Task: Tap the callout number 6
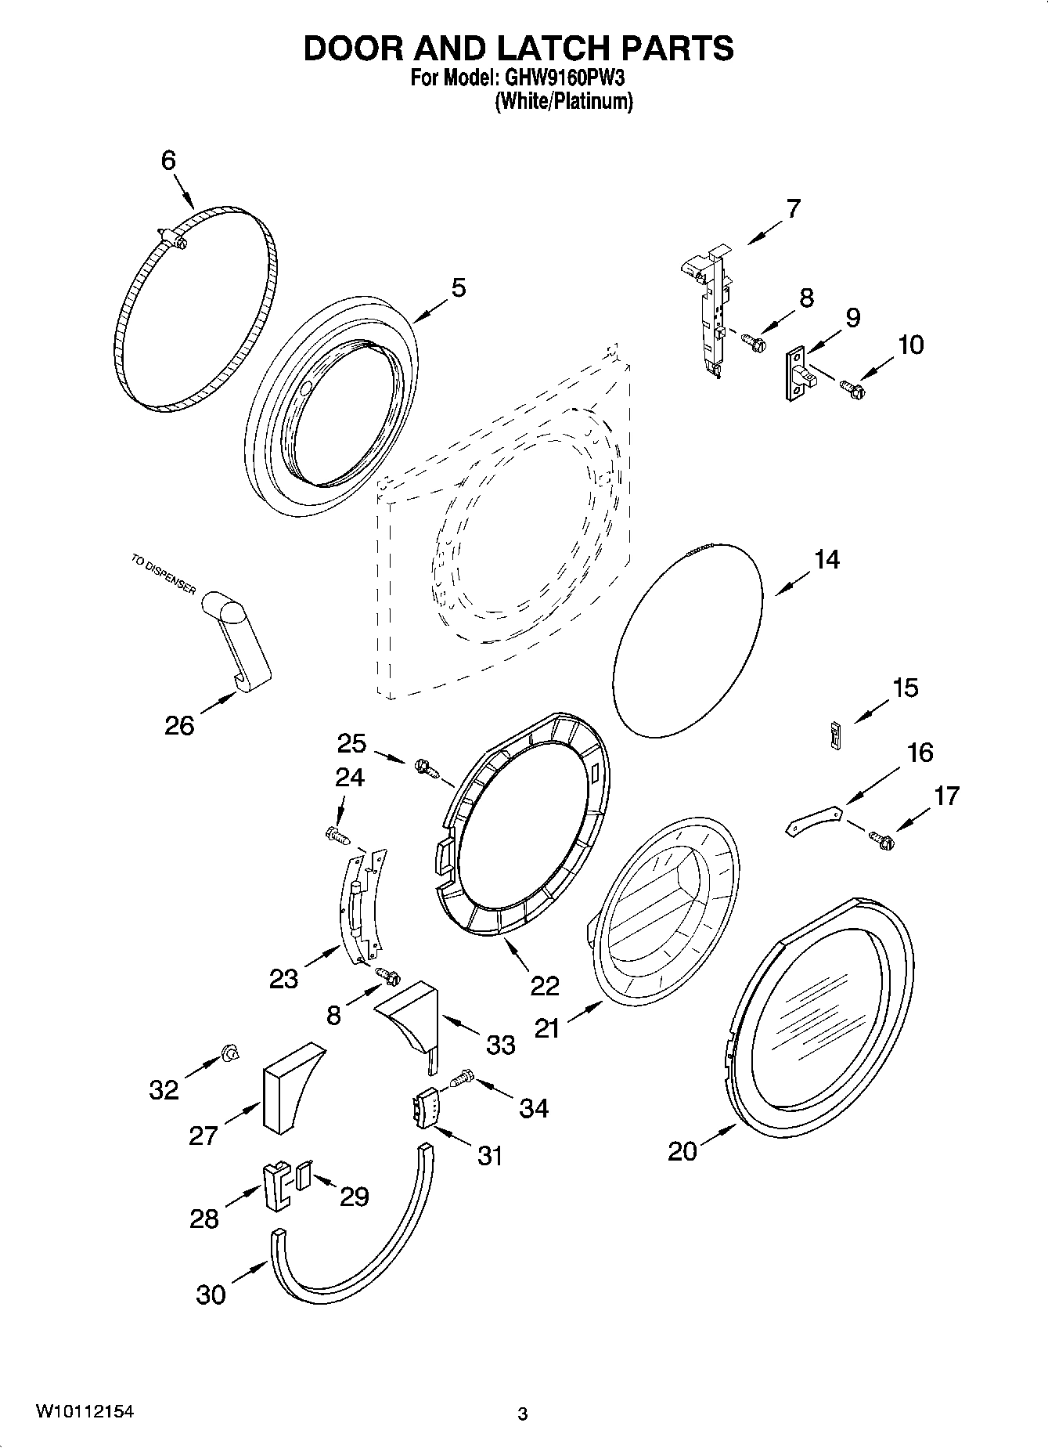(x=168, y=161)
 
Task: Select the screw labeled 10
(x=851, y=386)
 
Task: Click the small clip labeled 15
(x=835, y=735)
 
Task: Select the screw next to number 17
(x=881, y=840)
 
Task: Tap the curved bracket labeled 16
(x=813, y=821)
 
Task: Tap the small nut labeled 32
(x=230, y=1053)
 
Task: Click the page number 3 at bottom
(x=523, y=1414)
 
